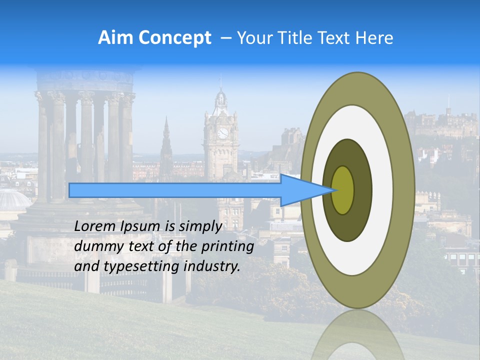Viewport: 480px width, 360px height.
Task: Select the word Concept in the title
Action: point(174,38)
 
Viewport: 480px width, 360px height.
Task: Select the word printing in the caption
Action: point(227,246)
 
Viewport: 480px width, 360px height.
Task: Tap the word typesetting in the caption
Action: point(134,266)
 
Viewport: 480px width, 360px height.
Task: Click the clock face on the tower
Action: point(222,133)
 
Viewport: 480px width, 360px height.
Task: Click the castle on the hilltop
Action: point(440,122)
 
